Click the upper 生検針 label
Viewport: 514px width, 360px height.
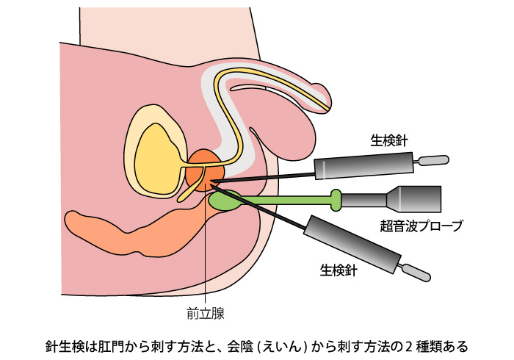click(x=390, y=140)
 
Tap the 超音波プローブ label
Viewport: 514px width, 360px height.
click(x=421, y=226)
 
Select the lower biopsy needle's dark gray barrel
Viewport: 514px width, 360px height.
click(x=352, y=242)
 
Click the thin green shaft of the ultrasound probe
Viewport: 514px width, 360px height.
click(x=286, y=199)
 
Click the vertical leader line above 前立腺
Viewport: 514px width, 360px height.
click(x=206, y=257)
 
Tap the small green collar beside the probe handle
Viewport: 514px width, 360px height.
click(x=336, y=198)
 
